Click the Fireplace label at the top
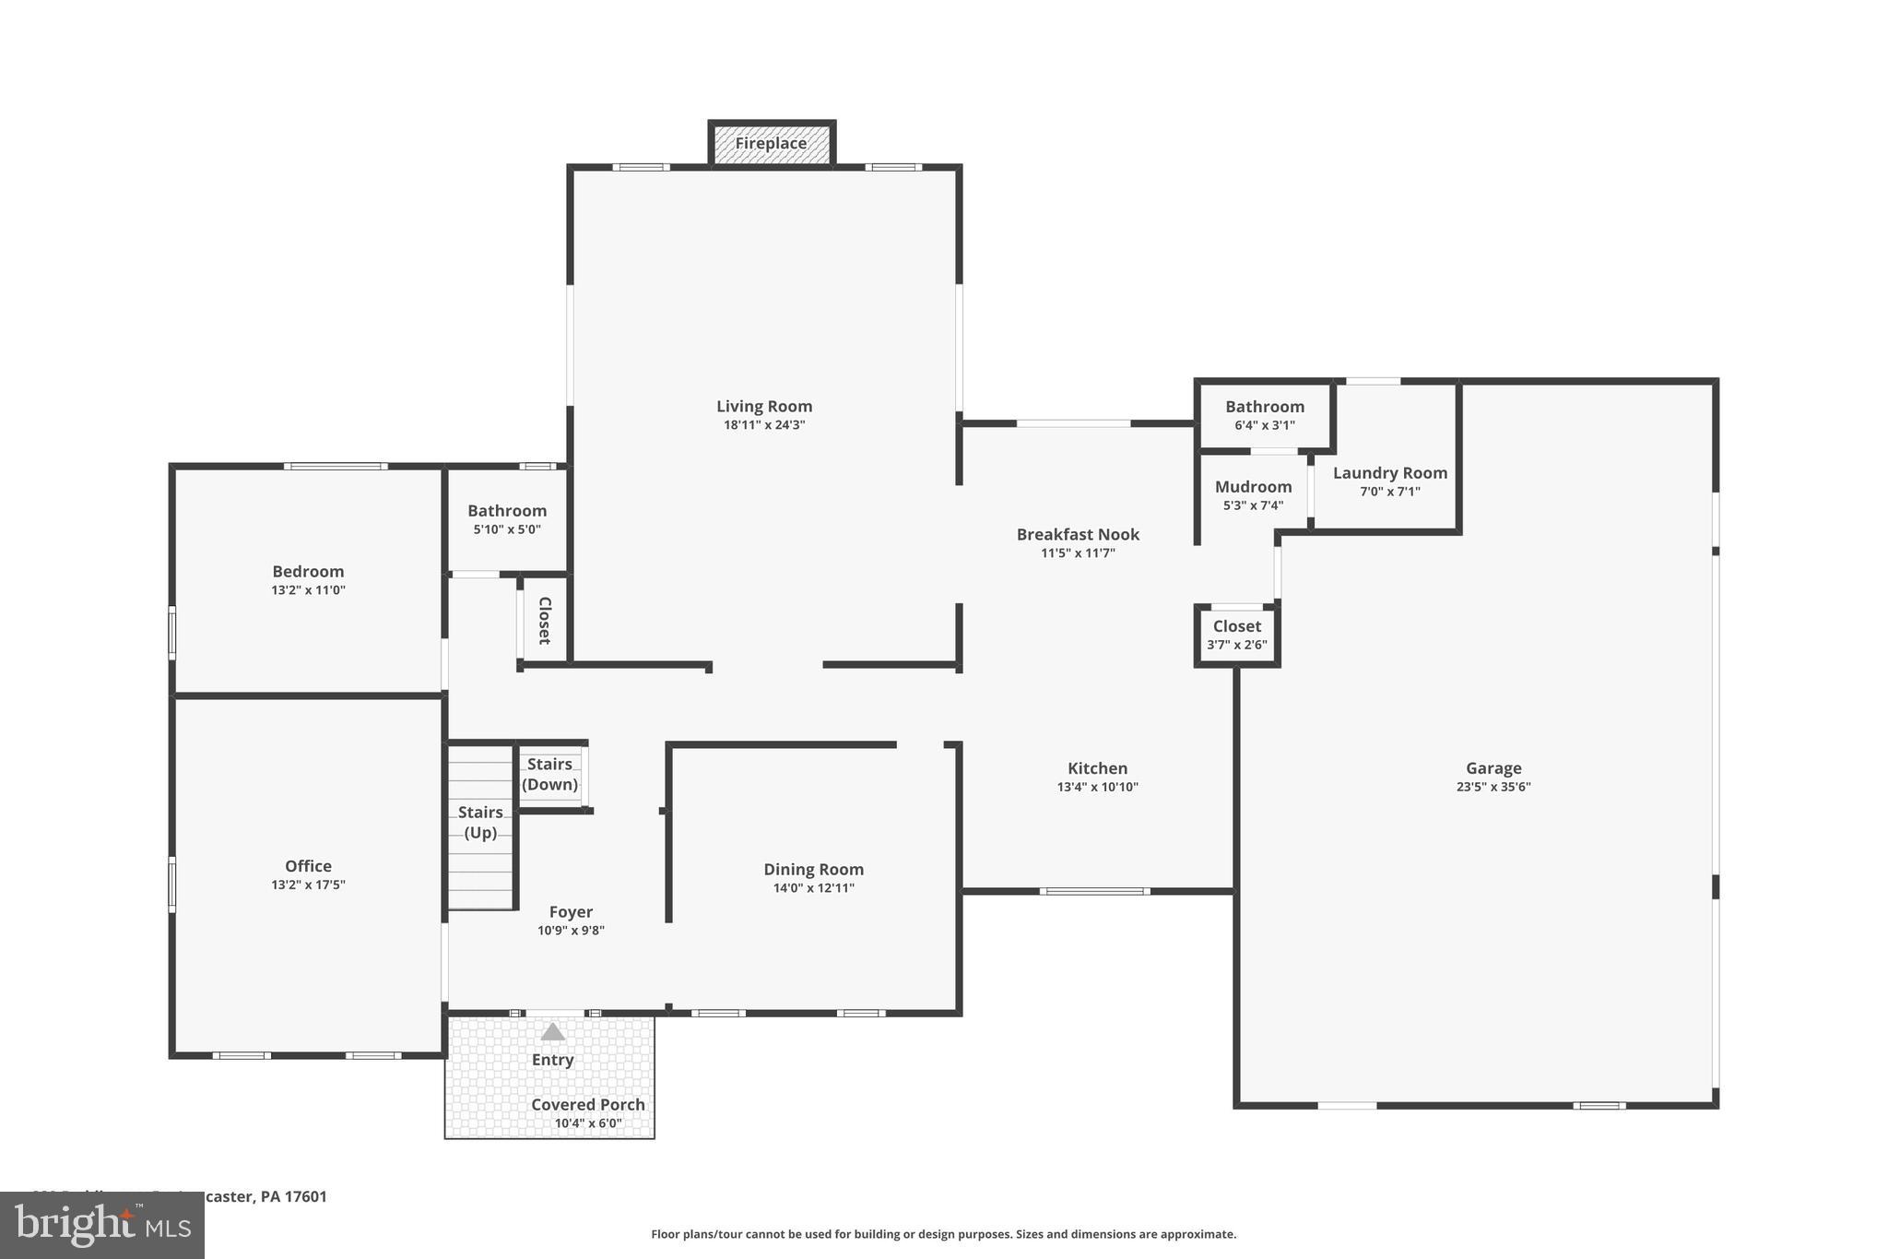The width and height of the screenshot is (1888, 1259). (771, 144)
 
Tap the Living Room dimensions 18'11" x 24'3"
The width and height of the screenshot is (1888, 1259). (764, 425)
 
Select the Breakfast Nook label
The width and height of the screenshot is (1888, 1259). (1078, 534)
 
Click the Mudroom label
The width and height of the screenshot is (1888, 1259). (1253, 487)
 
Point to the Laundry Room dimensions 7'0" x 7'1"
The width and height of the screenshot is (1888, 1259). (1389, 492)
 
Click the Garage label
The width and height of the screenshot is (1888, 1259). (1493, 768)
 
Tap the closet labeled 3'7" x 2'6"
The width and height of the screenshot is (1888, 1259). (1236, 635)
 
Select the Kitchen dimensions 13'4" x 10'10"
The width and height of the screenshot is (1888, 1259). (1097, 787)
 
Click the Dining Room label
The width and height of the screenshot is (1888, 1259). (813, 869)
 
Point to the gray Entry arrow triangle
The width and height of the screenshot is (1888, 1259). (552, 1032)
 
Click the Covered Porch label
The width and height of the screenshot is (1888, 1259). (587, 1104)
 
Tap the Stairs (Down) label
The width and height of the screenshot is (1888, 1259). (549, 774)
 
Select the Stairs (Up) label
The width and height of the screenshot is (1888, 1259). (480, 822)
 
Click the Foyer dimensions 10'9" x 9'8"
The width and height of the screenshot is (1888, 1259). (571, 931)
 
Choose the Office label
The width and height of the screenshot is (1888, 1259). (308, 866)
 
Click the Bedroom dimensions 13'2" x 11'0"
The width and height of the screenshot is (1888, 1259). (308, 590)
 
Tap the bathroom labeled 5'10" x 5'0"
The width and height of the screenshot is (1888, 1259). (506, 519)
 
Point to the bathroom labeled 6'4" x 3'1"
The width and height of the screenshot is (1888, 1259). (1264, 415)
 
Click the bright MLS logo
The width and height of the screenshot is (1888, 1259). (101, 1225)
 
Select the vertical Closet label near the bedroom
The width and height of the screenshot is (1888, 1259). (544, 620)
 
